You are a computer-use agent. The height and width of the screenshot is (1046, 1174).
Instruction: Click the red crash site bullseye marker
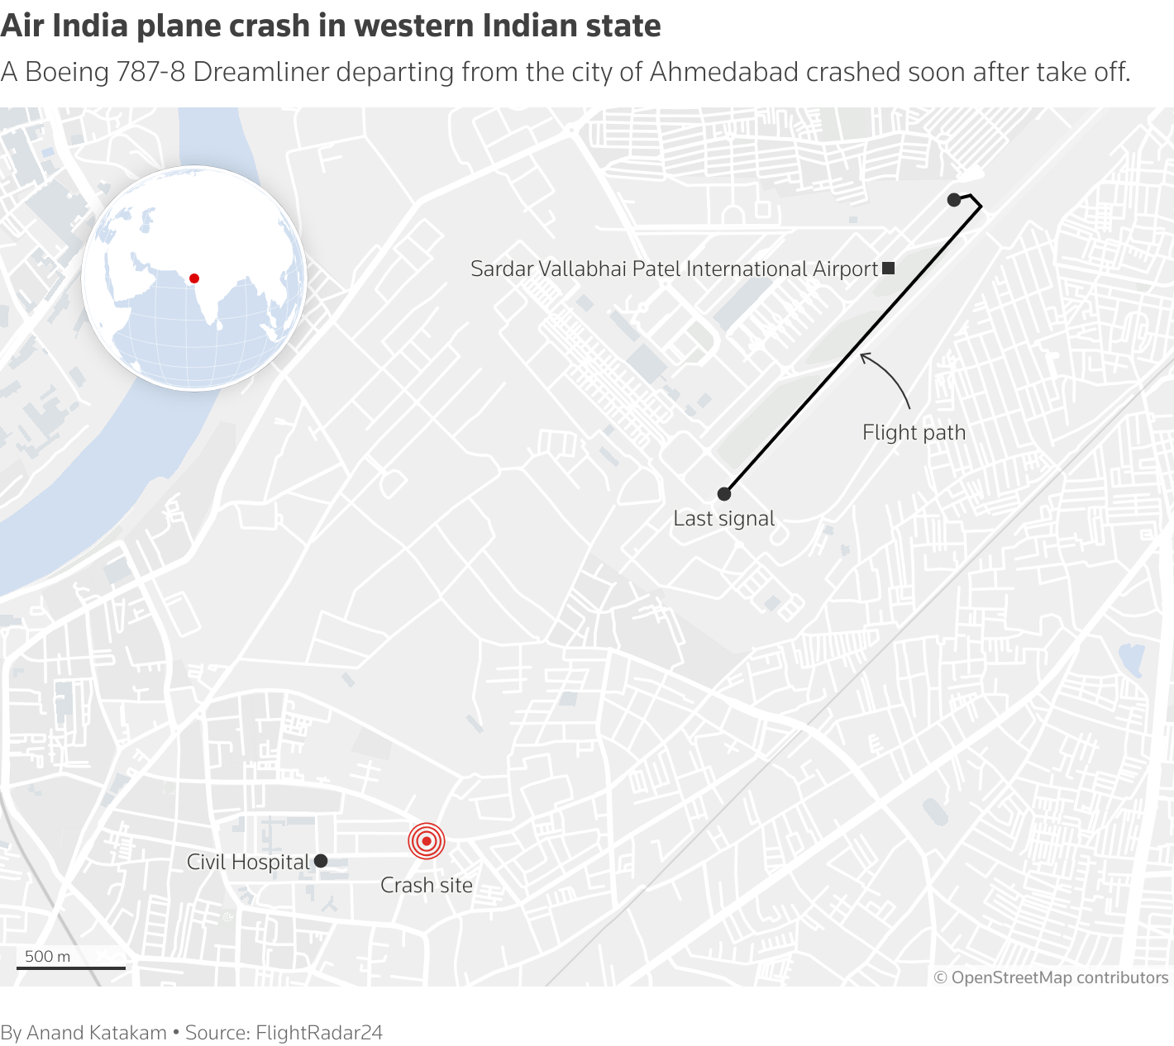pyautogui.click(x=427, y=842)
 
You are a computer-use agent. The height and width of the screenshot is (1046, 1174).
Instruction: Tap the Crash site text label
pyautogui.click(x=427, y=885)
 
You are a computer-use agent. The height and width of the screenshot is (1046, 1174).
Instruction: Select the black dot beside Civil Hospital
pyautogui.click(x=321, y=861)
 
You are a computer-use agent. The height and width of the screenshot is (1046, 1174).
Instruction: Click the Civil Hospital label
pyautogui.click(x=248, y=862)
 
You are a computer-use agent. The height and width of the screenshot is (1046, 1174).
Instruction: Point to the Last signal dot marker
pyautogui.click(x=724, y=494)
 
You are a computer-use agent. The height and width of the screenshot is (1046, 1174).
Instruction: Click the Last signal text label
pyautogui.click(x=724, y=518)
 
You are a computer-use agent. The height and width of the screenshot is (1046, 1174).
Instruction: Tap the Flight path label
pyautogui.click(x=914, y=432)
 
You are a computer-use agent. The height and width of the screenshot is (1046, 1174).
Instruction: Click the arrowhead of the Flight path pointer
pyautogui.click(x=863, y=356)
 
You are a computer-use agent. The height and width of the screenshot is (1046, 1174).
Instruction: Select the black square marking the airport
pyautogui.click(x=889, y=268)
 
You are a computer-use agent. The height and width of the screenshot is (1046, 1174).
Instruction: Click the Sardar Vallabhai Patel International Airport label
pyautogui.click(x=674, y=269)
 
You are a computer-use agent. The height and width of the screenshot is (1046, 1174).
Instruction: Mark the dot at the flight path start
pyautogui.click(x=954, y=200)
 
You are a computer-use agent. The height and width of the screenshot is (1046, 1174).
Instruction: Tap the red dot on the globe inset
pyautogui.click(x=194, y=278)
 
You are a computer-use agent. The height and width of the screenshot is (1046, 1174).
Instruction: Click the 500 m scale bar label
pyautogui.click(x=48, y=956)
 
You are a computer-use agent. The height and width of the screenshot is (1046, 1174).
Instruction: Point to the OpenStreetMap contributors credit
pyautogui.click(x=1051, y=977)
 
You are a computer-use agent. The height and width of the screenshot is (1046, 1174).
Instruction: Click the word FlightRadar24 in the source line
pyautogui.click(x=319, y=1033)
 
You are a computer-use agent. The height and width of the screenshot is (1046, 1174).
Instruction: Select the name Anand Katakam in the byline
pyautogui.click(x=97, y=1033)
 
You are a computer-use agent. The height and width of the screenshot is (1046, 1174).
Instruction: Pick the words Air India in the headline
pyautogui.click(x=64, y=26)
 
